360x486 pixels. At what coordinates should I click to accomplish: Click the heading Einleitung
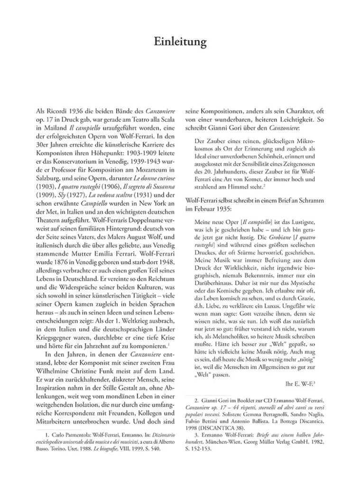point(180,42)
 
